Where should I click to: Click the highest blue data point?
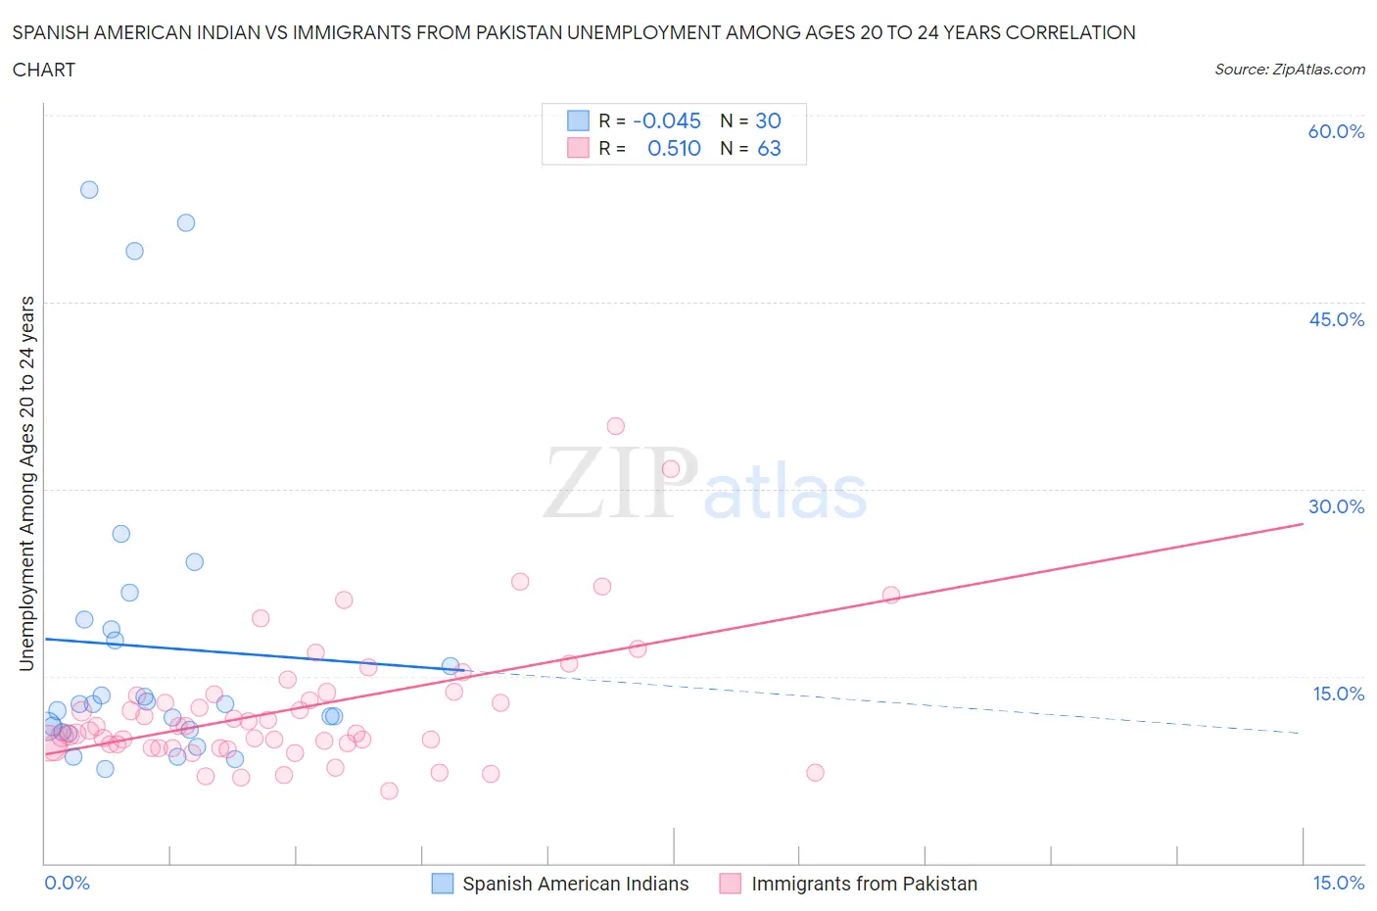[x=89, y=190]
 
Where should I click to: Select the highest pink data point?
[x=615, y=426]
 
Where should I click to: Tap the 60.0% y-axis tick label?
[x=1336, y=131]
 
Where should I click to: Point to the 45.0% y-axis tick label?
[x=1336, y=319]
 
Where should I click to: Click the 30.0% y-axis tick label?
[x=1336, y=506]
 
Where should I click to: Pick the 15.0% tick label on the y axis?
[x=1338, y=694]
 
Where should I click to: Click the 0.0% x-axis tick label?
[x=67, y=883]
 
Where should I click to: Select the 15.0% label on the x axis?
[x=1338, y=883]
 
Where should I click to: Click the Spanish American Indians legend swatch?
[x=443, y=884]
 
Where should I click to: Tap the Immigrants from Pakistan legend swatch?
[x=730, y=884]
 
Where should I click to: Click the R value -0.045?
[x=667, y=120]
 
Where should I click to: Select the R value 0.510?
[x=674, y=148]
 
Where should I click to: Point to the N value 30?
[x=768, y=120]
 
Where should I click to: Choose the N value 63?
[x=769, y=148]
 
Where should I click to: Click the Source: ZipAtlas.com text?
[x=1289, y=70]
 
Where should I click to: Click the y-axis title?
[x=26, y=484]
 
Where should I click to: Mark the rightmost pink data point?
[x=891, y=595]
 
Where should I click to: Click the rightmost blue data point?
[x=451, y=666]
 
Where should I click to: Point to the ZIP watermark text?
[x=621, y=482]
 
